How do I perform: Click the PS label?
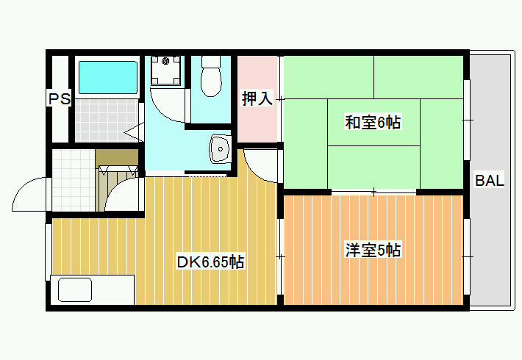[x=60, y=99]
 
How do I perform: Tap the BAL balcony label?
[x=490, y=180]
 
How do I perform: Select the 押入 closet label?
[x=257, y=98]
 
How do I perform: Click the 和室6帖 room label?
[x=373, y=122]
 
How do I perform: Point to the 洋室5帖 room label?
[x=373, y=250]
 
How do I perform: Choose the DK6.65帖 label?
[x=210, y=262]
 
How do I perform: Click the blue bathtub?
[x=108, y=78]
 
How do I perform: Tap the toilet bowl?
[x=211, y=76]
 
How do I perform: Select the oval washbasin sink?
[x=220, y=149]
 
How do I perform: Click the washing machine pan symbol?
[x=165, y=71]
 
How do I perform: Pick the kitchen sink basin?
[x=75, y=289]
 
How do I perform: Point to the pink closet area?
[x=257, y=99]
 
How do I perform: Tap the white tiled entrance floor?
[x=74, y=180]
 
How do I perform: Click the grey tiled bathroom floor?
[x=107, y=120]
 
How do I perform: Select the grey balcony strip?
[x=490, y=180]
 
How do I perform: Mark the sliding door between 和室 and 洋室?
[x=374, y=192]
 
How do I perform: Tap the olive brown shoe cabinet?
[x=117, y=157]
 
